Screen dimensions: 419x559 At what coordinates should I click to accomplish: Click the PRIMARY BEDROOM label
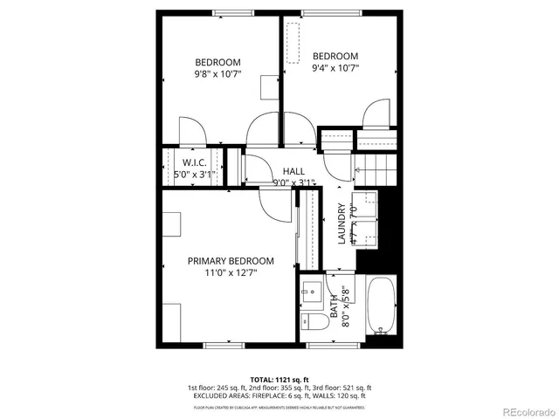(231, 261)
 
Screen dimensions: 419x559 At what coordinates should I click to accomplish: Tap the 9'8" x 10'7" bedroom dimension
(217, 75)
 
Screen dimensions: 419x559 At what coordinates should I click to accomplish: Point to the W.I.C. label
(194, 162)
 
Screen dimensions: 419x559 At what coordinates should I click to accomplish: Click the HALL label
(293, 171)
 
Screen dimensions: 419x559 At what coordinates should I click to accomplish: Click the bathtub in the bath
(382, 306)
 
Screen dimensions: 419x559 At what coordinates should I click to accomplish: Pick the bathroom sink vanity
(314, 292)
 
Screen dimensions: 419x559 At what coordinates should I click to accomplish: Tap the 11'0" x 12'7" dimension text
(231, 273)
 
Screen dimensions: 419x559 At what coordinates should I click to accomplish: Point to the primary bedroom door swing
(276, 203)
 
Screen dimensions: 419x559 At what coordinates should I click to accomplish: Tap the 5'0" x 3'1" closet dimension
(194, 175)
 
